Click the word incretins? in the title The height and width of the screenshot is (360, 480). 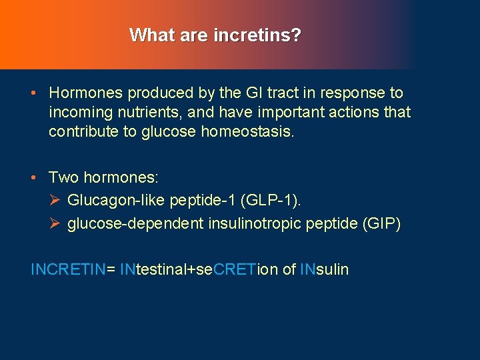pyautogui.click(x=257, y=35)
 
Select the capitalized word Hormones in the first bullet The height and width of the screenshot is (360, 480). pyautogui.click(x=86, y=93)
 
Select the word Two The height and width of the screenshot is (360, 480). pyautogui.click(x=63, y=177)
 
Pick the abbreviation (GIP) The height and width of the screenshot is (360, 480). pyautogui.click(x=381, y=224)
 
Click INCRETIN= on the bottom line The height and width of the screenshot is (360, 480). pyautogui.click(x=73, y=269)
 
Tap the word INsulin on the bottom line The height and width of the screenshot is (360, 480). pyautogui.click(x=324, y=269)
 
